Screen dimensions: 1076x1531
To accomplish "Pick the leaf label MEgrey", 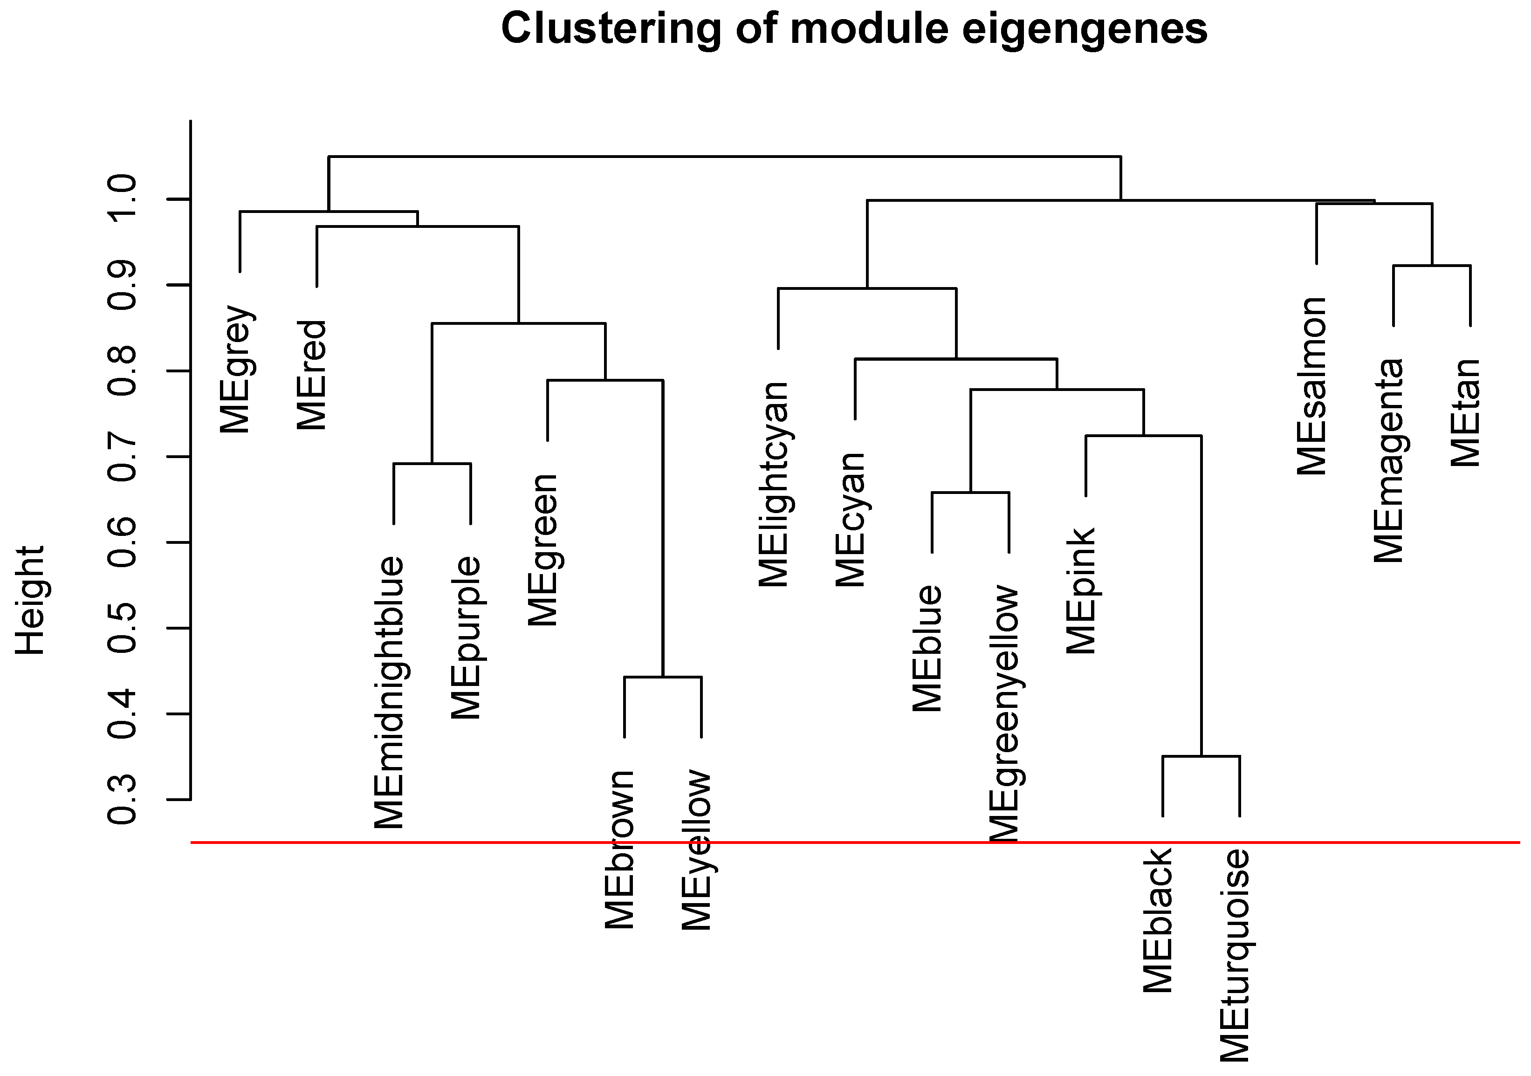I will pyautogui.click(x=236, y=370).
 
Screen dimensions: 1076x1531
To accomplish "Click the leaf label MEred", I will pyautogui.click(x=312, y=375).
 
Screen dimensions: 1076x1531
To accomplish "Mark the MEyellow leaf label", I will pyautogui.click(x=697, y=850).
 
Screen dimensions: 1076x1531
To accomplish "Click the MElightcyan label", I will pyautogui.click(x=774, y=485).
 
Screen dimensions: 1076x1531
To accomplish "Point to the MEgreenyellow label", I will pyautogui.click(x=1005, y=713).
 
